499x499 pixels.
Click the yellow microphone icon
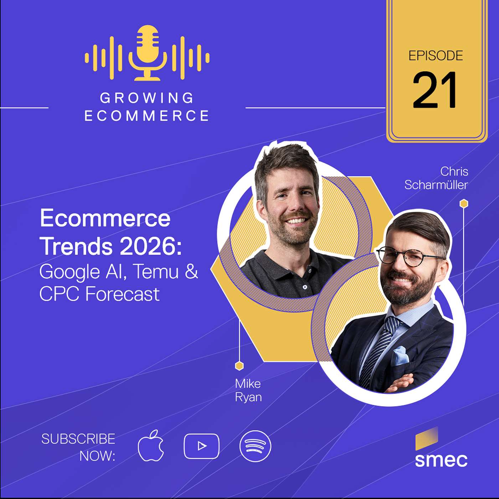coord(148,52)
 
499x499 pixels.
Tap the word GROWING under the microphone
coord(147,98)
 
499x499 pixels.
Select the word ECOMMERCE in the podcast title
coord(147,116)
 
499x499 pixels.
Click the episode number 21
coord(435,90)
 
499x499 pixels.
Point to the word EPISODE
coord(436,56)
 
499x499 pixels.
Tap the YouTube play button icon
coord(201,446)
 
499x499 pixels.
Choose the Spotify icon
coord(255,446)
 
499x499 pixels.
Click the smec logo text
coord(441,460)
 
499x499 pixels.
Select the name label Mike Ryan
coord(248,390)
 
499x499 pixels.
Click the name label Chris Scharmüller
coord(436,178)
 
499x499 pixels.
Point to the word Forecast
coord(122,294)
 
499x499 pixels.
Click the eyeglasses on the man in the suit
coord(410,256)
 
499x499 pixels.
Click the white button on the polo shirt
coord(305,287)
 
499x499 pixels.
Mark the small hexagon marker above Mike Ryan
coord(239,366)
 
